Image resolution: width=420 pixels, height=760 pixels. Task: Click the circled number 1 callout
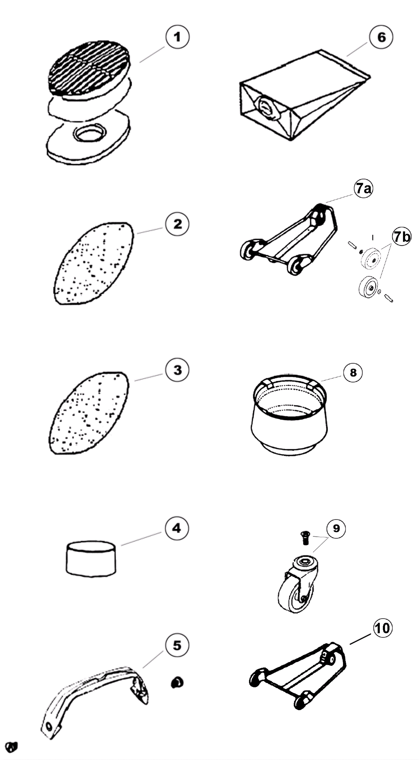click(177, 37)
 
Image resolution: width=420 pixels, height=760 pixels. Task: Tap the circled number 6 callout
click(381, 37)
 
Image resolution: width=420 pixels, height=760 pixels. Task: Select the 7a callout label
click(363, 188)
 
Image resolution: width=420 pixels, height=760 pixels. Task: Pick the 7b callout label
click(402, 236)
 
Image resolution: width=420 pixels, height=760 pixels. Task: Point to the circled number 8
click(353, 373)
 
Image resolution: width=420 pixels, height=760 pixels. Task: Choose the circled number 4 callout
click(177, 528)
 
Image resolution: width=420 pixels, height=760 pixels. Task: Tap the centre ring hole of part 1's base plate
click(88, 134)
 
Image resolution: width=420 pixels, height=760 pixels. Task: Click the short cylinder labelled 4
click(91, 558)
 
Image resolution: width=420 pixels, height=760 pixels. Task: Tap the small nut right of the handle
click(177, 682)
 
